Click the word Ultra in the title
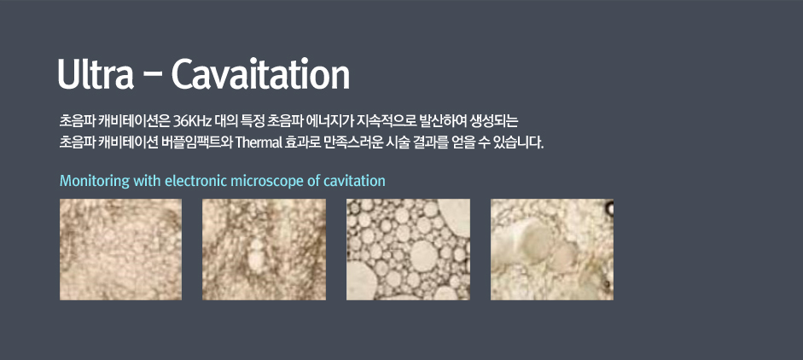(x=96, y=74)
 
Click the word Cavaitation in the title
(x=260, y=74)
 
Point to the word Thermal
(x=258, y=142)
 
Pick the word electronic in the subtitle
(x=196, y=181)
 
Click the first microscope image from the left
(x=120, y=249)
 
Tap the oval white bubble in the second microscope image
(x=257, y=255)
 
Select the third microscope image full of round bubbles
(x=408, y=249)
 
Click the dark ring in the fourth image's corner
(x=609, y=207)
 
